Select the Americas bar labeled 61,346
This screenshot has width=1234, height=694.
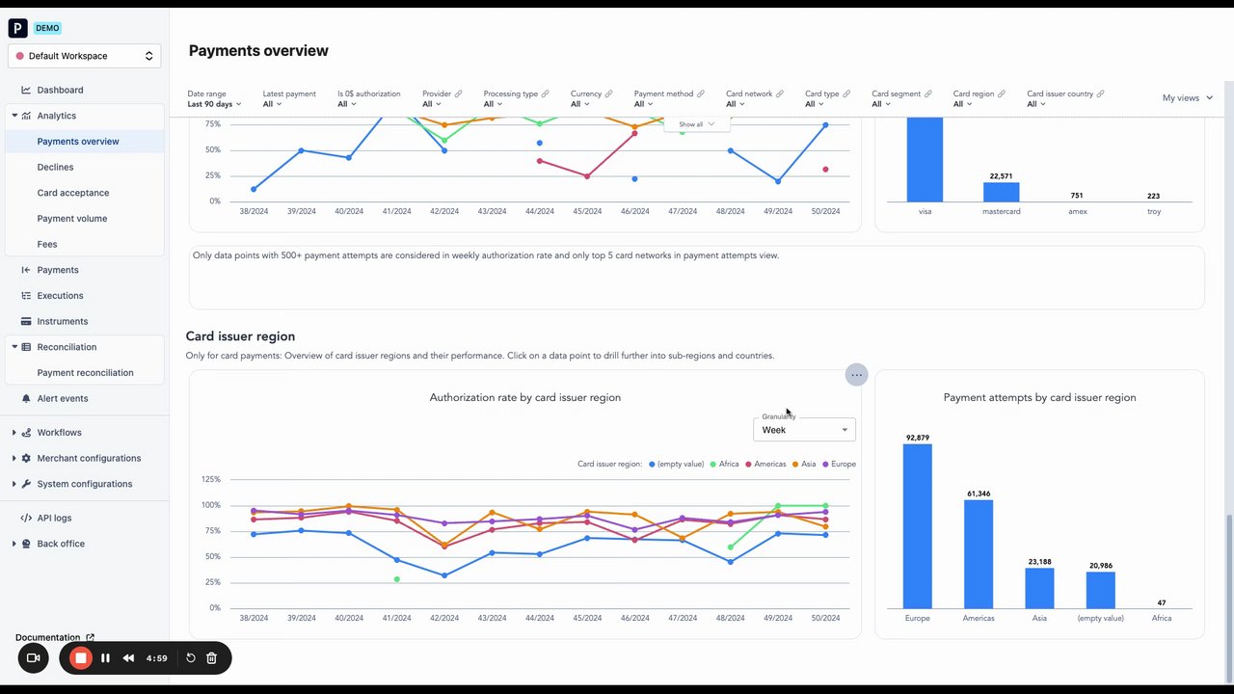coord(979,553)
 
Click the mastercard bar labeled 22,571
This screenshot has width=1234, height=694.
coord(1001,192)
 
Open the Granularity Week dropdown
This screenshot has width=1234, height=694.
coord(804,430)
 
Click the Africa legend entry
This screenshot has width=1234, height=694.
coord(724,465)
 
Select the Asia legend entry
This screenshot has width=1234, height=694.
coord(803,465)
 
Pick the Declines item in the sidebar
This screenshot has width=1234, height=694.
coord(55,167)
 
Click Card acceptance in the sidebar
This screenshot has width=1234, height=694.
coord(72,193)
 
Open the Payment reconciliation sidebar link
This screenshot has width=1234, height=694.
coord(85,373)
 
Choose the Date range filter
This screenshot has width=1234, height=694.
coord(214,99)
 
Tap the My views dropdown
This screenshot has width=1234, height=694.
coord(1187,98)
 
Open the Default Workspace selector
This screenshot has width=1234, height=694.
coord(85,56)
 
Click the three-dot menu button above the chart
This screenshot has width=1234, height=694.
coord(856,375)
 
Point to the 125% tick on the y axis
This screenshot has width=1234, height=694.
coord(210,479)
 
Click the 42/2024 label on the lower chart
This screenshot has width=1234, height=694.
coord(444,618)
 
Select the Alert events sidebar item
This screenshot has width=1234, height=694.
coord(62,399)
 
